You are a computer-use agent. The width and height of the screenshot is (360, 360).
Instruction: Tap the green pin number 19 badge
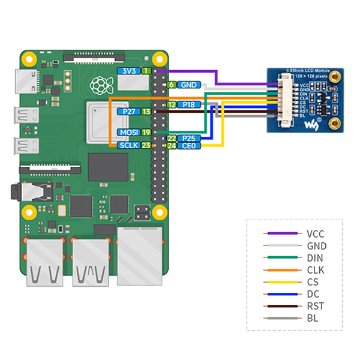[146, 132]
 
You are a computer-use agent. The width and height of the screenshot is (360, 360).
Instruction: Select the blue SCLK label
[128, 145]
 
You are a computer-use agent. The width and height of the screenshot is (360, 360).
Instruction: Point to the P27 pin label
[128, 112]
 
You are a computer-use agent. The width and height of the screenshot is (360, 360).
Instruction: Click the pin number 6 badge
[171, 85]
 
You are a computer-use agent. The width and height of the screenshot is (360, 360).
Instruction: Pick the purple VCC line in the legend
[281, 234]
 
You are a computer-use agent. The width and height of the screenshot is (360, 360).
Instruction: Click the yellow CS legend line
[281, 282]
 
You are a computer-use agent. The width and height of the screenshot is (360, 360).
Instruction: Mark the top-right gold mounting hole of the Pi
[160, 59]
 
